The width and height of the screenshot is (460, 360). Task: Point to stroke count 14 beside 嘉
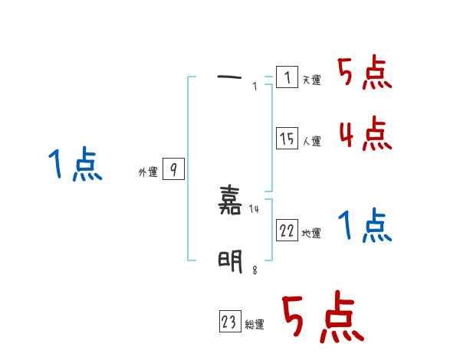[255, 209]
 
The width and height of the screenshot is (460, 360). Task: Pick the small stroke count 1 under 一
[255, 86]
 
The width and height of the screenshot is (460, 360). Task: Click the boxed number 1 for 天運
[287, 77]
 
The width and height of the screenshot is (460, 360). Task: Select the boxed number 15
[287, 139]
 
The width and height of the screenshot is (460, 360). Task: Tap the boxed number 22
[287, 231]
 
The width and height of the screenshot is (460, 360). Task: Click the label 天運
[312, 80]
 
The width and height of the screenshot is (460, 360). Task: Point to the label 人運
[312, 141]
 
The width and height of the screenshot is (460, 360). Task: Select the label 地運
[312, 233]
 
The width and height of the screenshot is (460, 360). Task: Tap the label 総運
[255, 325]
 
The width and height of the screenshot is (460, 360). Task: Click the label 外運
[147, 172]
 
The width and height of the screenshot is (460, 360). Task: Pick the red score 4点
[365, 135]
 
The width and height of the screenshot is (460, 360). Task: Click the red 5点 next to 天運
[365, 74]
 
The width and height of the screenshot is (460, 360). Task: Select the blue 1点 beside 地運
[365, 225]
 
